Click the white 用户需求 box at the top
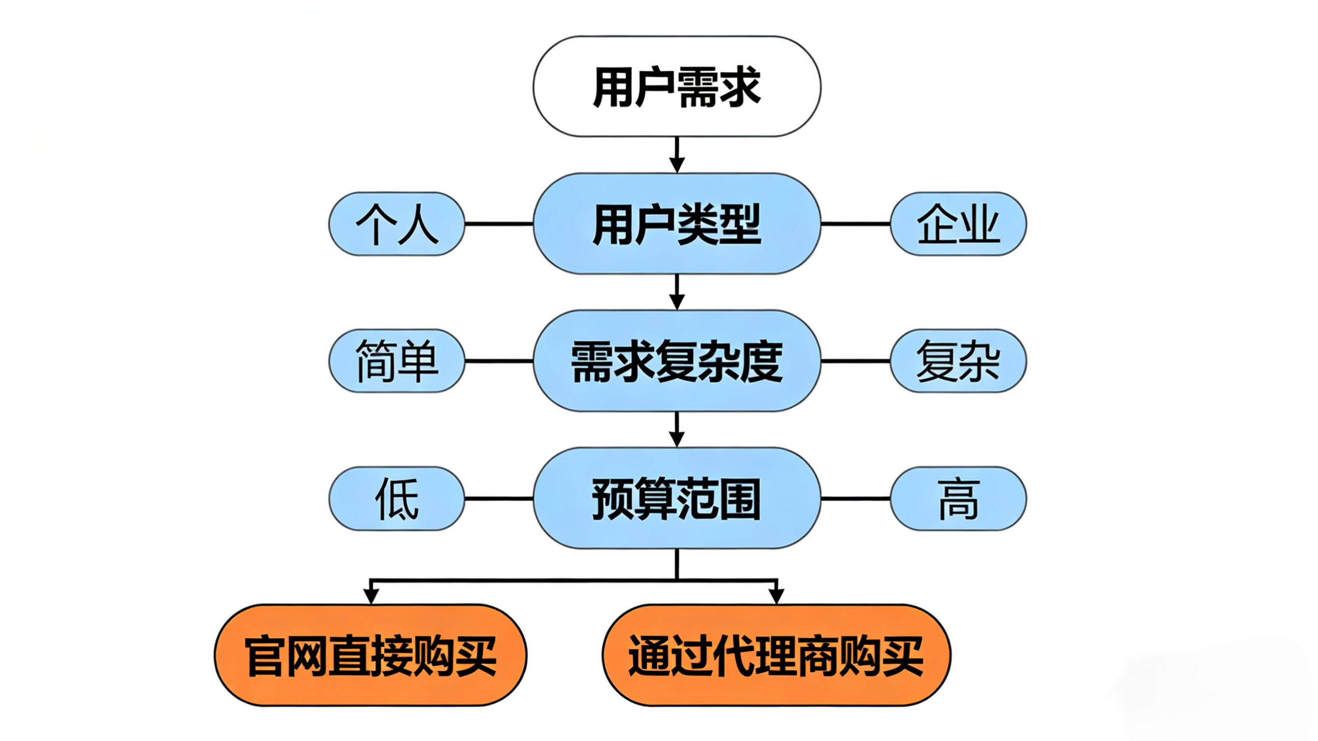tap(676, 86)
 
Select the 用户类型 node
tap(676, 224)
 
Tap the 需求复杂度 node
tap(676, 361)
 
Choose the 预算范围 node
tap(676, 498)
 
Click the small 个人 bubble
tap(397, 224)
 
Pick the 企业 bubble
tap(958, 224)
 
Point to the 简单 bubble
tap(397, 361)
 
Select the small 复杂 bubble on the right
tap(958, 361)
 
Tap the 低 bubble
tap(397, 498)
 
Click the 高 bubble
tap(958, 498)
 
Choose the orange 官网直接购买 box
tap(371, 655)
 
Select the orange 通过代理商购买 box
tap(776, 655)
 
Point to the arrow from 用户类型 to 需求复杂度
tap(677, 292)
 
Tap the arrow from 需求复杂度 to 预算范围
tap(677, 429)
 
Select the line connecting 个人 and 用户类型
tap(499, 224)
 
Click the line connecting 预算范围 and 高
tap(855, 498)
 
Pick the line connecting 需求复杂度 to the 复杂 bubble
tap(855, 361)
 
